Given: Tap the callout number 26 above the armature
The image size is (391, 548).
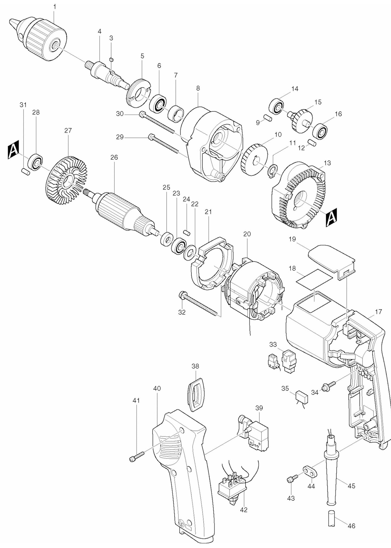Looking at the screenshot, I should [114, 157].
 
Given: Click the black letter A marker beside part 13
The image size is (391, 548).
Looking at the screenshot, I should [331, 218].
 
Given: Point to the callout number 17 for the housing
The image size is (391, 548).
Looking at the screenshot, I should [378, 312].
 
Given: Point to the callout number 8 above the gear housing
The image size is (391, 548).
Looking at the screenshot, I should [198, 88].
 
